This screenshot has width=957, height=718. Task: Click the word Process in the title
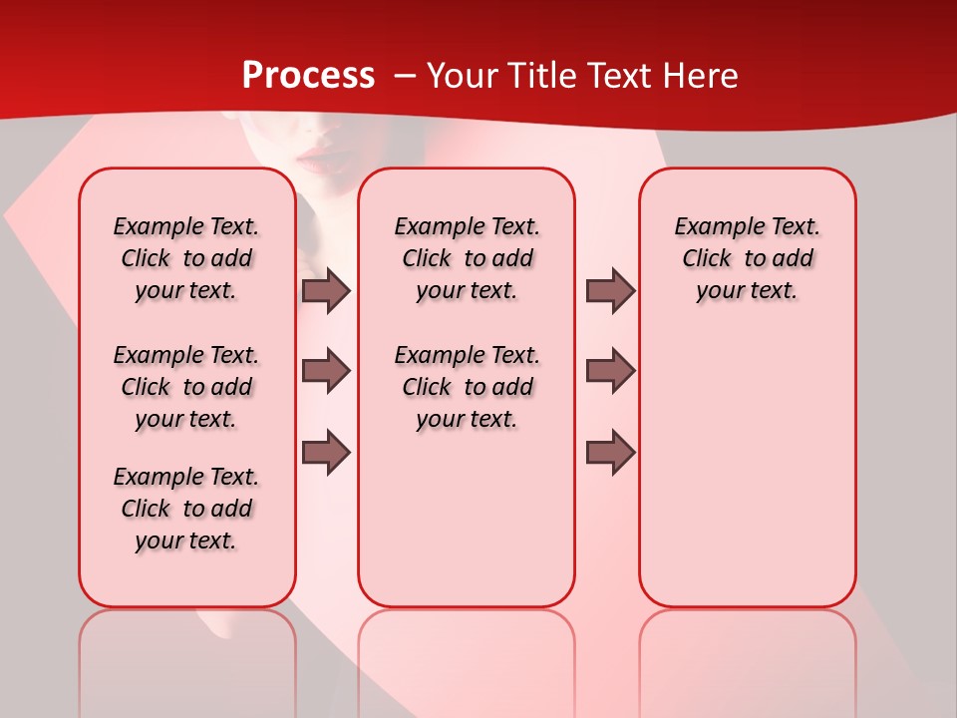point(308,76)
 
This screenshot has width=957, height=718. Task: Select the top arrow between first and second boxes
point(326,291)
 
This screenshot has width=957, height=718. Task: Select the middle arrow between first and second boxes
point(326,371)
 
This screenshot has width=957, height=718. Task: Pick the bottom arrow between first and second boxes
point(326,453)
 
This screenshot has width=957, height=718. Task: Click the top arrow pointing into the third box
point(610,291)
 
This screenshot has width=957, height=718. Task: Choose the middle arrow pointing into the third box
point(610,371)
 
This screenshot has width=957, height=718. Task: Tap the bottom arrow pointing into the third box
point(610,453)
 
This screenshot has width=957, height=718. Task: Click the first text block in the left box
point(186,258)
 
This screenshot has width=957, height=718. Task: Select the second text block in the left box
point(186,387)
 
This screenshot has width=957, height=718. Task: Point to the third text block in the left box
point(186,509)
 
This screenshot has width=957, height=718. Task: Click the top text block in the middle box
point(467,258)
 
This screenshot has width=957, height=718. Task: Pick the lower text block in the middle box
point(467,387)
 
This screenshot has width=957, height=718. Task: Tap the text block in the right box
point(747,258)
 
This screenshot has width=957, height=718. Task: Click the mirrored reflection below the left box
point(187,648)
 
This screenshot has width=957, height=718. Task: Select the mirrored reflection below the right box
point(747,648)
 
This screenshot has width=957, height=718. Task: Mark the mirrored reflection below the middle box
point(467,648)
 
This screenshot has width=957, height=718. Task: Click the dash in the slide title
point(405,77)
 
